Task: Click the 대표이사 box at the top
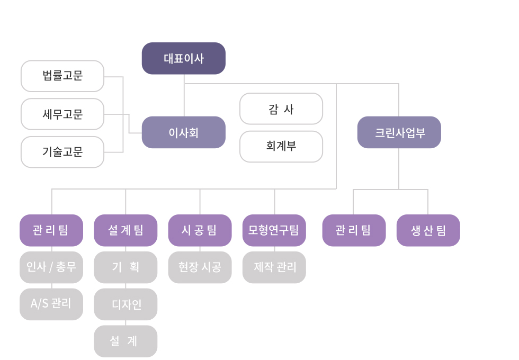click(x=183, y=58)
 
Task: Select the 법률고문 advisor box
click(x=62, y=76)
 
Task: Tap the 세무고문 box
click(x=62, y=114)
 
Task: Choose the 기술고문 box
click(x=62, y=152)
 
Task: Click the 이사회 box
click(x=183, y=132)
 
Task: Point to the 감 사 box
click(x=281, y=109)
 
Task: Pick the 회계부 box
click(x=281, y=147)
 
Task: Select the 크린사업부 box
click(x=399, y=132)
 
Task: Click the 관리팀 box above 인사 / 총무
click(x=51, y=230)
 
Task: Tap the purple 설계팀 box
click(x=126, y=230)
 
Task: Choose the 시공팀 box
click(x=200, y=230)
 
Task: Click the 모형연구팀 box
click(x=274, y=230)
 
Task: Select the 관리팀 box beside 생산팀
click(x=354, y=230)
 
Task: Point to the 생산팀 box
click(x=428, y=230)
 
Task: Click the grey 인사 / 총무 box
click(x=51, y=267)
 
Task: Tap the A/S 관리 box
click(x=51, y=304)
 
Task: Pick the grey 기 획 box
click(x=126, y=267)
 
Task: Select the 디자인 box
click(x=126, y=304)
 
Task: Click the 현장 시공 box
click(x=200, y=267)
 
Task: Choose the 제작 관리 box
click(x=274, y=267)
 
